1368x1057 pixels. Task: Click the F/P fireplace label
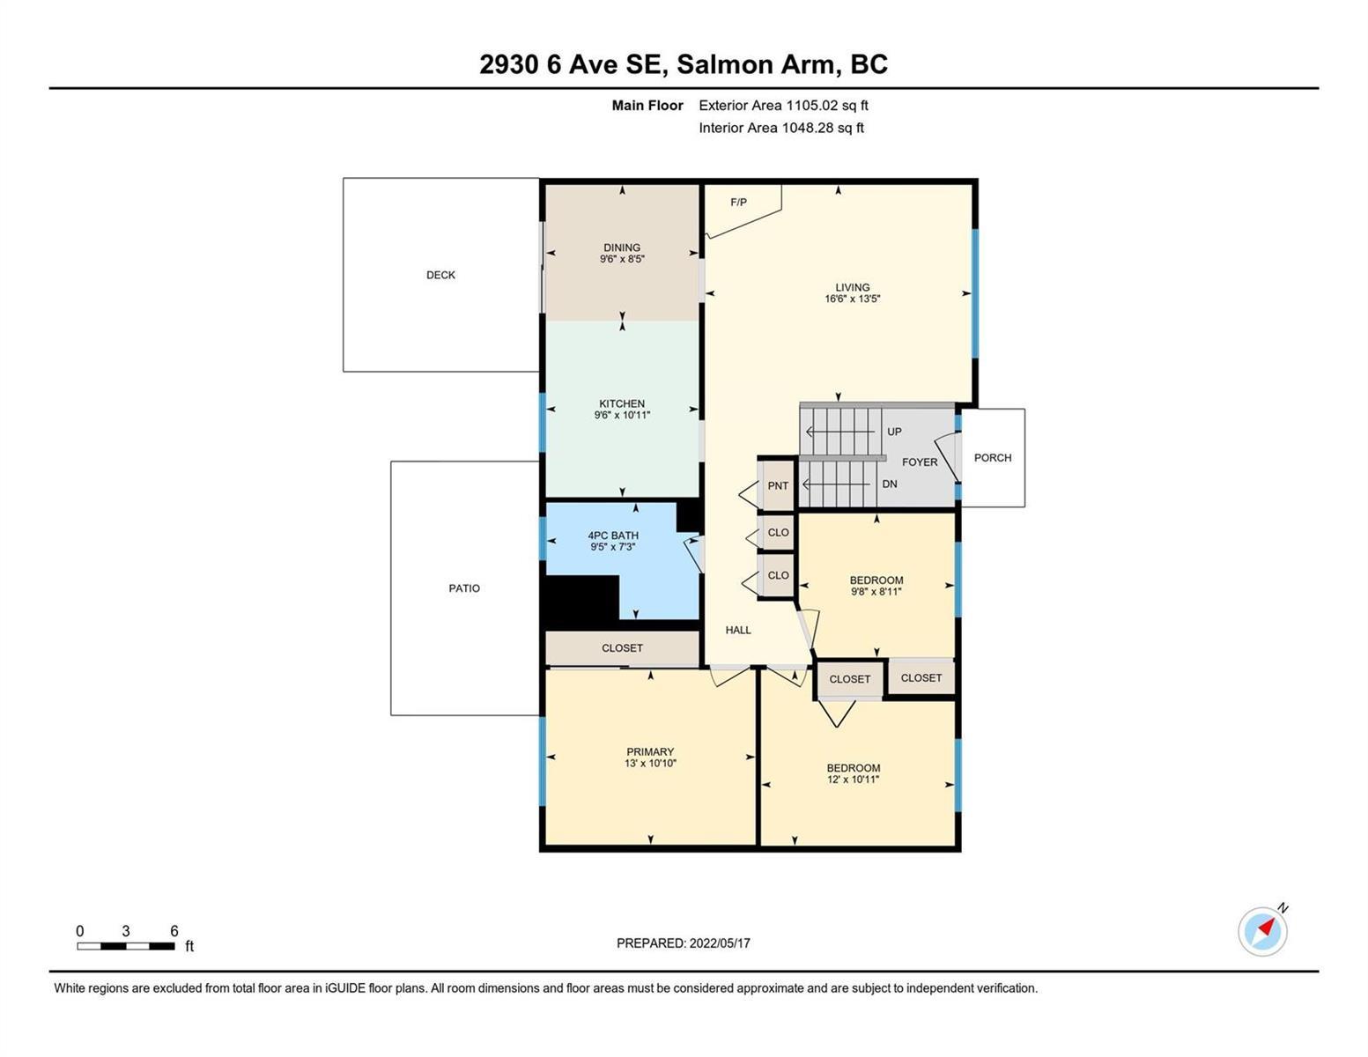(x=738, y=202)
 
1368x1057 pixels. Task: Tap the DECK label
(x=440, y=275)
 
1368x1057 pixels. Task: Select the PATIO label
(x=464, y=588)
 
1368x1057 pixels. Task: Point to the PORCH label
(x=992, y=458)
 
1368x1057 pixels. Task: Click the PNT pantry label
(x=778, y=485)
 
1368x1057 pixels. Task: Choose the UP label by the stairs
(x=894, y=432)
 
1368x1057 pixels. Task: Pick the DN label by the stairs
(x=890, y=484)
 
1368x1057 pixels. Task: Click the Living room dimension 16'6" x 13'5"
(x=852, y=299)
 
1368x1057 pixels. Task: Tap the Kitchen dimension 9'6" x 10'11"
(x=622, y=415)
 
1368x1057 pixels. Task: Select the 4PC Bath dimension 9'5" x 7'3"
(x=612, y=547)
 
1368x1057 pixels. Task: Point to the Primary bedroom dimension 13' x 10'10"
(x=650, y=763)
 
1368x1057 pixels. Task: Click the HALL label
(x=738, y=630)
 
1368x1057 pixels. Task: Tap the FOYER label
(x=919, y=462)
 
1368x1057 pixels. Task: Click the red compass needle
(x=1266, y=926)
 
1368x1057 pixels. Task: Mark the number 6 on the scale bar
(x=174, y=931)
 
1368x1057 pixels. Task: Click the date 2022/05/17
(x=720, y=943)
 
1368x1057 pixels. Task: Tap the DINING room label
(x=621, y=248)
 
